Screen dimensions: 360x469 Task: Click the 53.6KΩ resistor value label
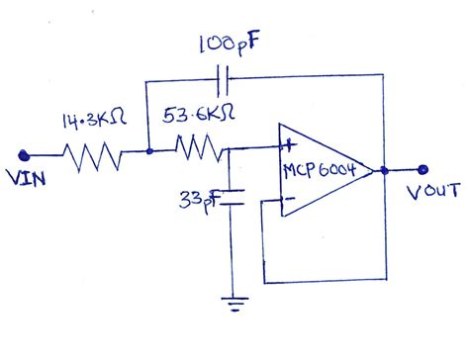pyautogui.click(x=198, y=116)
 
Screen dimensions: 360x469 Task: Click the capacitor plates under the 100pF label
pyautogui.click(x=224, y=75)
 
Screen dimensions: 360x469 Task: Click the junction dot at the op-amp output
pyautogui.click(x=384, y=170)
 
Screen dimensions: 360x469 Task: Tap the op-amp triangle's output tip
pyautogui.click(x=375, y=170)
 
